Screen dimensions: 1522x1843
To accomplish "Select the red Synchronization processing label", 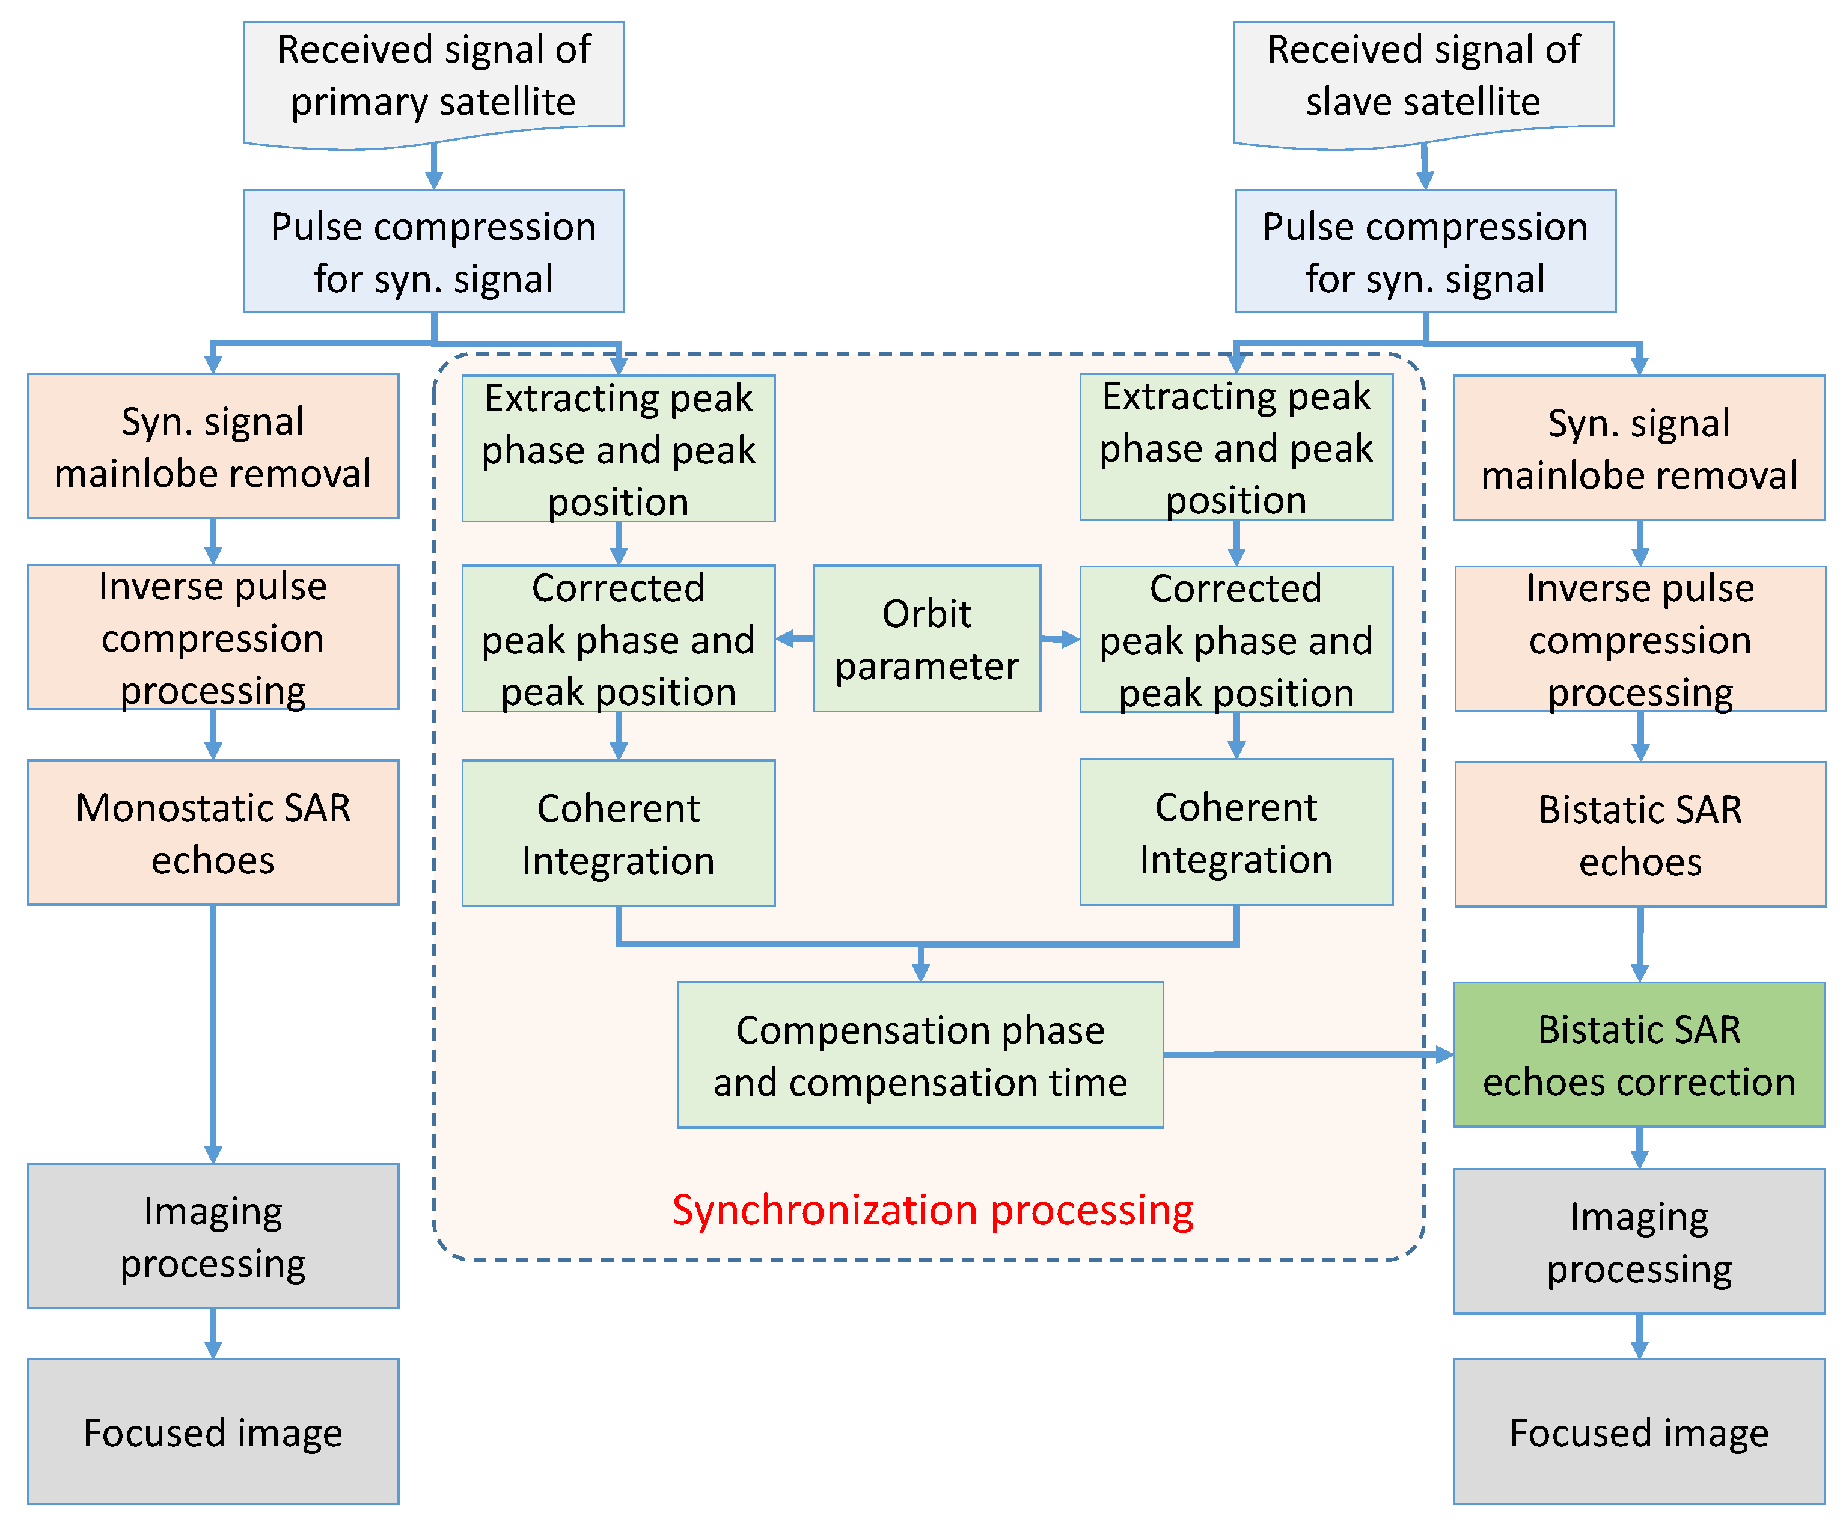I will coord(932,1210).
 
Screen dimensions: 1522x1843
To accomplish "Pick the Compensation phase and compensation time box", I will coord(919,1055).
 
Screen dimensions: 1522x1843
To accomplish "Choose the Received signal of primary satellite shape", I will coord(433,77).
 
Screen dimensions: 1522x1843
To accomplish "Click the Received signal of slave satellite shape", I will coord(1422,77).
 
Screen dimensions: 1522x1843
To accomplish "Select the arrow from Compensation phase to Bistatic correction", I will coord(1306,1054).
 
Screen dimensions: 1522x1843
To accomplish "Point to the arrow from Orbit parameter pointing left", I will coord(795,638).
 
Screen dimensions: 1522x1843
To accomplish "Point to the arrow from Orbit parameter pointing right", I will coord(1060,639).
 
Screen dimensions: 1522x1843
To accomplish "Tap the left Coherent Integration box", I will coord(618,833).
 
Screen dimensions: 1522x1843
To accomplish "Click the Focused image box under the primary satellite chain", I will coord(212,1432).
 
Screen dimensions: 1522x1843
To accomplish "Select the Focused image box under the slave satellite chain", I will coord(1638,1432).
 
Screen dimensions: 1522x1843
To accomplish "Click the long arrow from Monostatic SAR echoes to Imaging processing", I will coord(212,1035).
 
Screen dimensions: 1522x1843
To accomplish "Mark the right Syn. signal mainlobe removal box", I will coord(1638,448).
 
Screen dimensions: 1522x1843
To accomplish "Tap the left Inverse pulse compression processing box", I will coord(212,637).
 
